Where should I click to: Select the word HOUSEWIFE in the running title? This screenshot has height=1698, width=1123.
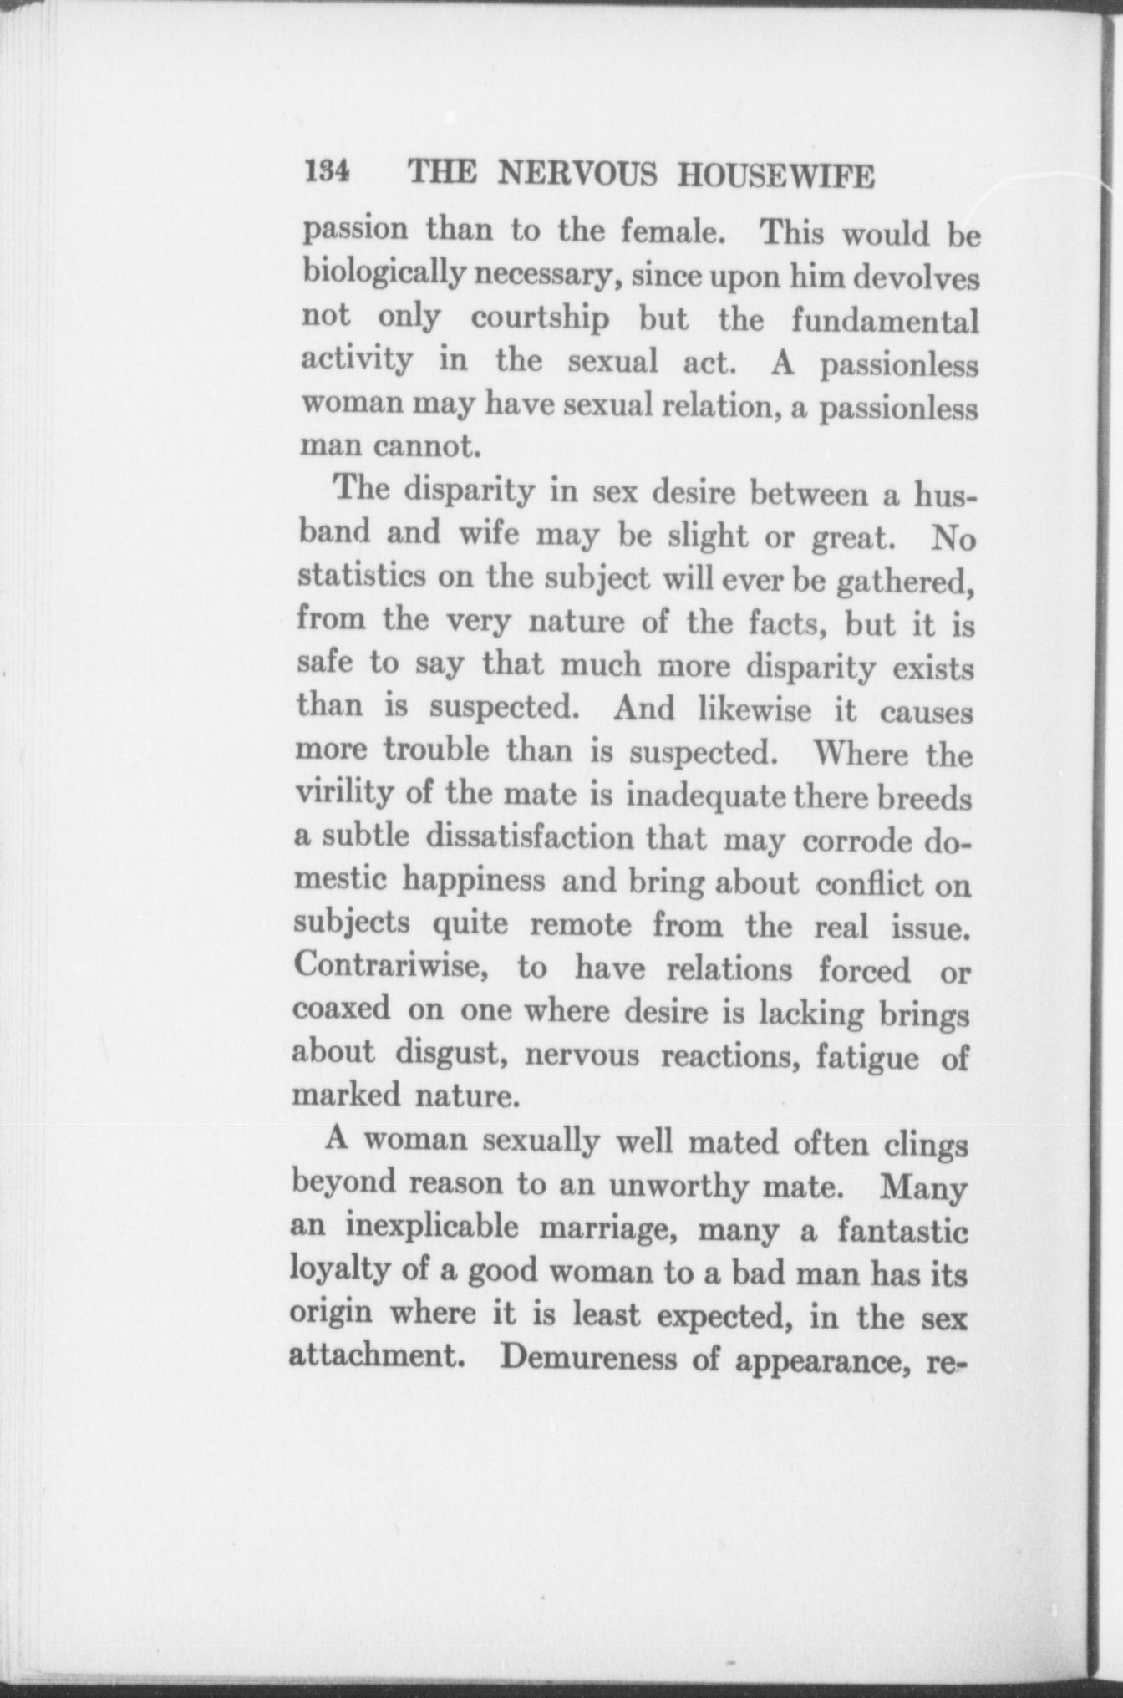(x=776, y=176)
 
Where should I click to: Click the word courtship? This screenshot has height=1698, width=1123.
(x=540, y=318)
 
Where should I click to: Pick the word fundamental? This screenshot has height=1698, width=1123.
(x=884, y=321)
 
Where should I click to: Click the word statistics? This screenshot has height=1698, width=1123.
(x=362, y=577)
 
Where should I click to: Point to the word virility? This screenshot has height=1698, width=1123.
(x=343, y=791)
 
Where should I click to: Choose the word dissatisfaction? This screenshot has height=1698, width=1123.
(x=530, y=836)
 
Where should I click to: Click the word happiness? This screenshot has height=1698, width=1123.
(x=473, y=880)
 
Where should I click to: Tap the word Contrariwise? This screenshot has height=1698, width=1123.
(x=390, y=967)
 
